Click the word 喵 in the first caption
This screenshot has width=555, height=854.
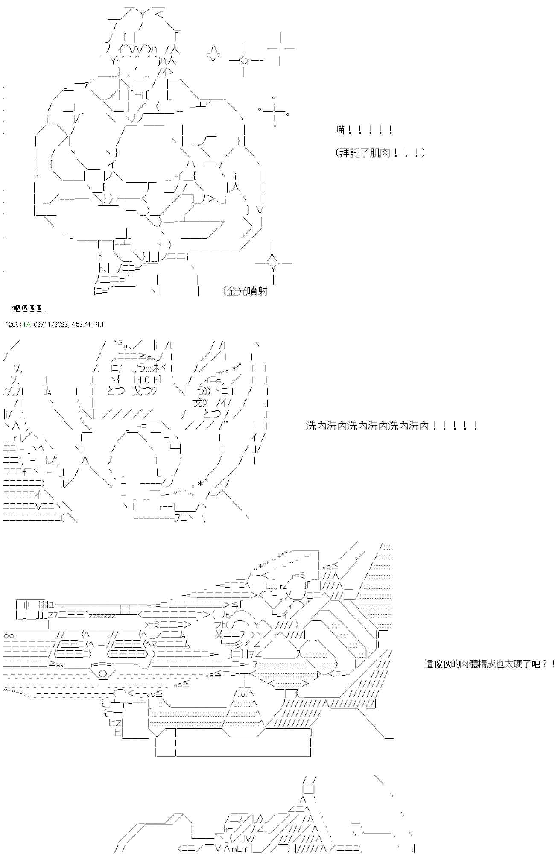click(x=340, y=130)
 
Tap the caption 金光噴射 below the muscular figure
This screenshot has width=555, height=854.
click(x=247, y=291)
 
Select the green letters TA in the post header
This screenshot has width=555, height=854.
click(x=26, y=325)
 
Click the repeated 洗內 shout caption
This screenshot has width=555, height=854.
click(x=391, y=426)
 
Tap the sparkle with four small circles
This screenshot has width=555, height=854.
click(x=274, y=112)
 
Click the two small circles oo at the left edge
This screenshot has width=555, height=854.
click(x=9, y=635)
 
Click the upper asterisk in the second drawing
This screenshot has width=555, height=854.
click(x=234, y=367)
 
